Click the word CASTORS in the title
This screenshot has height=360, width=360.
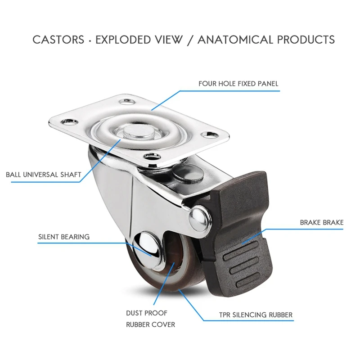tap(58, 40)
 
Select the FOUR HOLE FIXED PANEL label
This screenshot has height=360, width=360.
tap(238, 84)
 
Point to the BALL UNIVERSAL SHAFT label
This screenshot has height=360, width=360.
tap(43, 175)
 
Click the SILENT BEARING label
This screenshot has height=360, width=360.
tap(63, 236)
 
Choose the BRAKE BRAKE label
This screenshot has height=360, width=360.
tap(321, 222)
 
